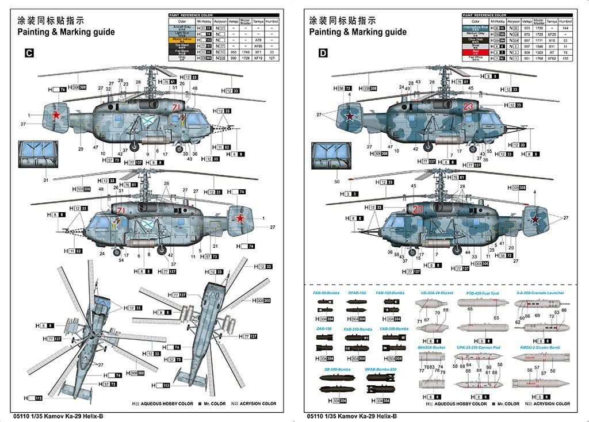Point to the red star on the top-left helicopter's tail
click(56, 115)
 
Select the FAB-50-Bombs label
click(326, 293)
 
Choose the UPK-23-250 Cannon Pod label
click(477, 347)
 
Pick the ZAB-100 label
click(323, 328)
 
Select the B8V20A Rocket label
click(431, 347)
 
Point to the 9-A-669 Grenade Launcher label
click(540, 293)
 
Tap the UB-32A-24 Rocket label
click(435, 293)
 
